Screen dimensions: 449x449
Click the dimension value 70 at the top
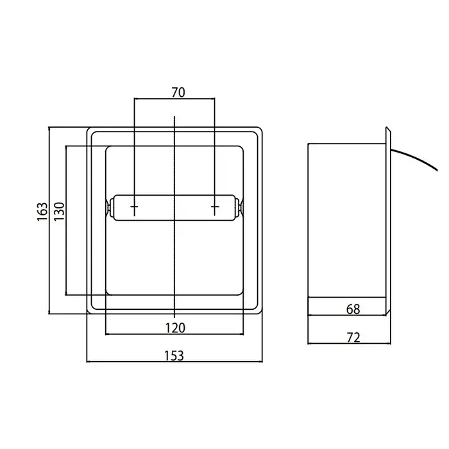[178, 92]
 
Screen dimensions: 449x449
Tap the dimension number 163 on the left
[42, 211]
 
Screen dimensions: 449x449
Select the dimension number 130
[59, 211]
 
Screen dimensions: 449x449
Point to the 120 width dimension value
[175, 328]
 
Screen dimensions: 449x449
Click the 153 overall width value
[174, 355]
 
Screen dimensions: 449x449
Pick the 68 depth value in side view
[353, 309]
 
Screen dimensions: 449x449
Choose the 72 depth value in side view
[353, 337]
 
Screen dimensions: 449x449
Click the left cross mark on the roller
[134, 207]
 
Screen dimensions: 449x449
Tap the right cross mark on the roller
[215, 207]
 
